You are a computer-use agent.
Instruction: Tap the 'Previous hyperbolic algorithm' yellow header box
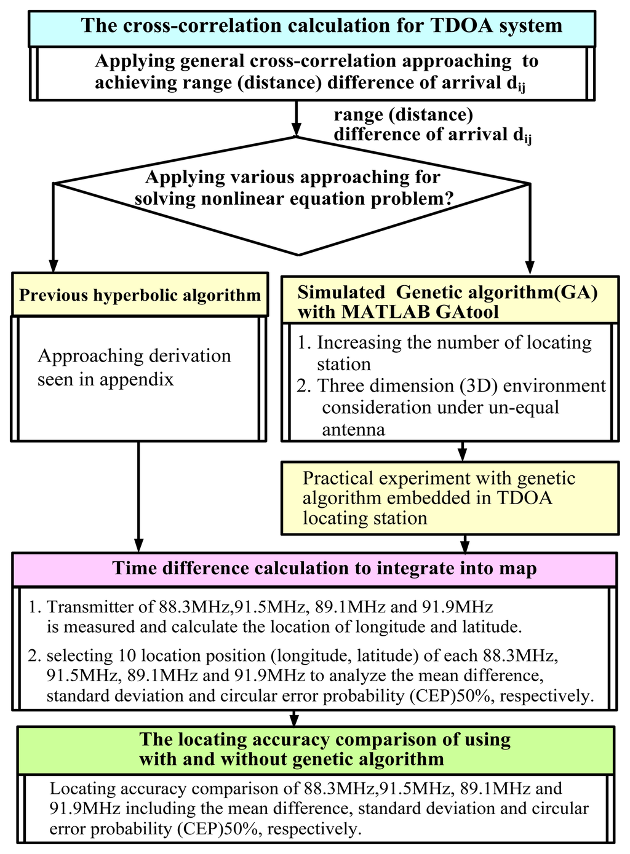(x=140, y=295)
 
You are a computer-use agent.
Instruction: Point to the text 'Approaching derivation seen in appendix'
(x=134, y=368)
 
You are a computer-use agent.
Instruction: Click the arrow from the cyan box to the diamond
(x=296, y=118)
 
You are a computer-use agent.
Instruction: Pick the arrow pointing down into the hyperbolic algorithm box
(x=54, y=227)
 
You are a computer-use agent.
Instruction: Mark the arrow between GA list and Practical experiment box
(x=462, y=451)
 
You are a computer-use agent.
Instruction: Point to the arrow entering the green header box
(x=295, y=718)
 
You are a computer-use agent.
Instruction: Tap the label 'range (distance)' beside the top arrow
(x=404, y=114)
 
